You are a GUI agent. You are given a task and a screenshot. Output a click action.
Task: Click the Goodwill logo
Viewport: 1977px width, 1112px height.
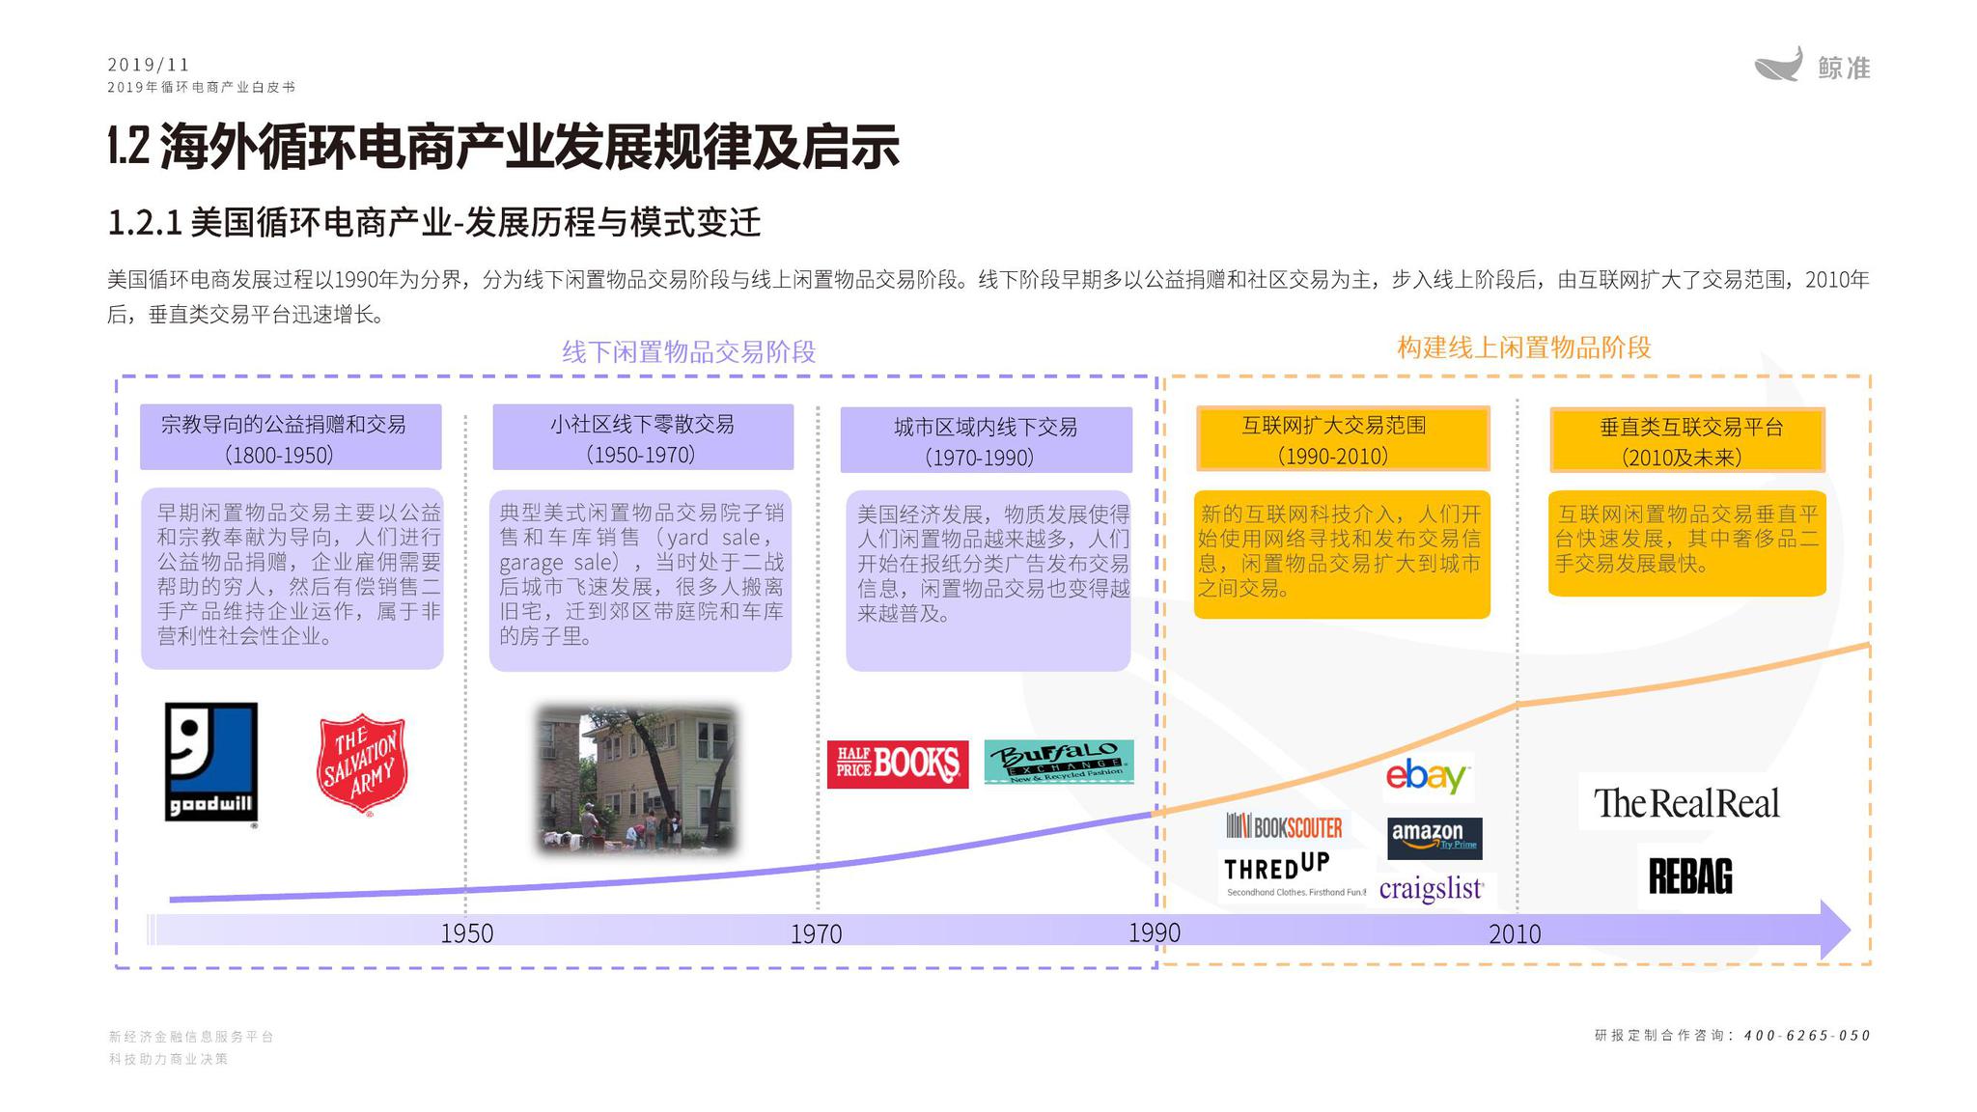[210, 763]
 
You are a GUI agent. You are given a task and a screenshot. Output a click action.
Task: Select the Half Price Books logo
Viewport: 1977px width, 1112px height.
[897, 764]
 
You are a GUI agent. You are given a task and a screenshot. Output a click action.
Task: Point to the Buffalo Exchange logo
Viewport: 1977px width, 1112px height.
[1058, 762]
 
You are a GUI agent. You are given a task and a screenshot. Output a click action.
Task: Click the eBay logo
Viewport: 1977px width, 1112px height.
[1427, 776]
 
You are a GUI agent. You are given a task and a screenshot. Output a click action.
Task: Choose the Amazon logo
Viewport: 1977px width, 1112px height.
[1434, 837]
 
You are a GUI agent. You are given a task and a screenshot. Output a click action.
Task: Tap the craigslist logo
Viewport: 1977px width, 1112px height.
[1431, 888]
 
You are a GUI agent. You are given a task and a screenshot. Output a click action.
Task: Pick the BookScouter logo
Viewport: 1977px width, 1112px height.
[1284, 826]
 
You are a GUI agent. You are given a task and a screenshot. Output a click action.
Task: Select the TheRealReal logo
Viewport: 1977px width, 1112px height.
[1685, 802]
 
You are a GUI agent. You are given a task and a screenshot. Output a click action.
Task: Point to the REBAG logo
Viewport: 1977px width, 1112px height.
[1689, 876]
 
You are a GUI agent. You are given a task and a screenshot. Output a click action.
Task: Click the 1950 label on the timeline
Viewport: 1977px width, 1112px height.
[466, 933]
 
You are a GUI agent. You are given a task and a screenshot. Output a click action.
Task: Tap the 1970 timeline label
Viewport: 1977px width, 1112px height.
[816, 933]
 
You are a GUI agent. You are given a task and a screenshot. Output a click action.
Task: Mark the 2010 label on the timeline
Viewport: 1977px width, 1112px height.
[1514, 933]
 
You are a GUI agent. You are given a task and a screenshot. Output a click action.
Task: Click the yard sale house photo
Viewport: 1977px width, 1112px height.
[636, 779]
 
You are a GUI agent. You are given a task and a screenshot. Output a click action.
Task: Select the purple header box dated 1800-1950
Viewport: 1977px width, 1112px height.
[291, 437]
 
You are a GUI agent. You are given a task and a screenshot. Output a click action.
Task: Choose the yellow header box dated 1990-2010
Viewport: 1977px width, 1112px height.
[1342, 439]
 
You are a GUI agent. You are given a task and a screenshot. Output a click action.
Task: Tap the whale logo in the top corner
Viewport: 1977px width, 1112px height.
[1778, 66]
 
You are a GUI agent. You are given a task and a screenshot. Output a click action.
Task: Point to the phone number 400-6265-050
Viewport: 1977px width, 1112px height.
[1806, 1036]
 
